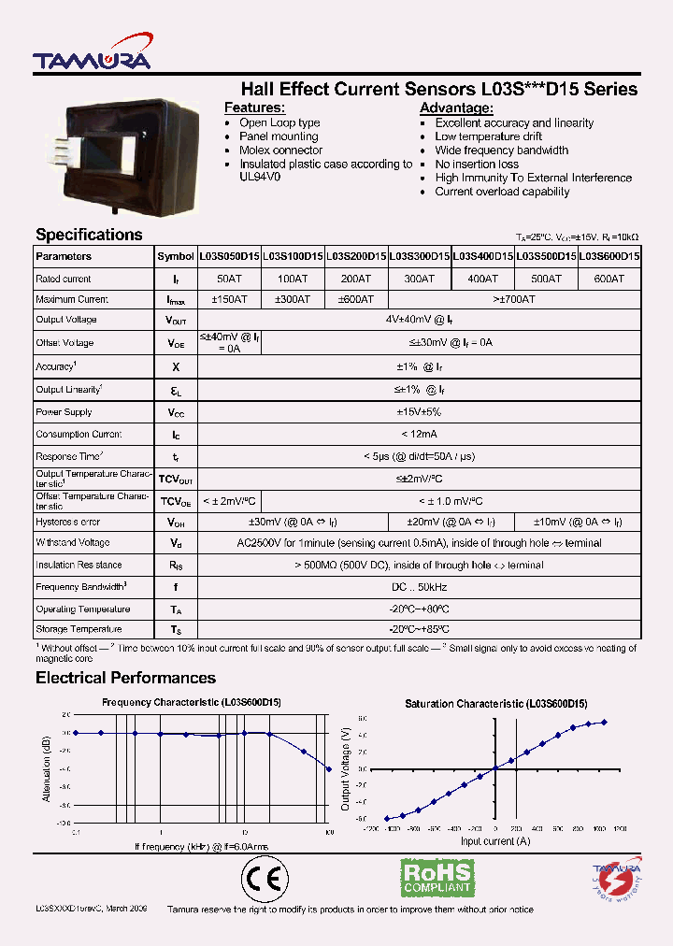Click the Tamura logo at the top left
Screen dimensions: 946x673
91,59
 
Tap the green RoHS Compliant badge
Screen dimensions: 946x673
437,879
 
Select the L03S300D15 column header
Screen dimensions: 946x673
420,256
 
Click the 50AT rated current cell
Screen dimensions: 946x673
229,279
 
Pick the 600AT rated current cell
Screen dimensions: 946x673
609,279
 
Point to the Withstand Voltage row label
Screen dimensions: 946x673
73,543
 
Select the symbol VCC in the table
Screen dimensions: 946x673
176,412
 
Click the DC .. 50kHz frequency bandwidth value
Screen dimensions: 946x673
420,588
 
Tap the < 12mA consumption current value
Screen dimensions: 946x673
420,435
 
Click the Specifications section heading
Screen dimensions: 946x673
89,235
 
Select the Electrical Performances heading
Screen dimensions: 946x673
125,678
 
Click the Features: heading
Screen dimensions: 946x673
254,108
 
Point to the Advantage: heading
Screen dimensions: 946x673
456,108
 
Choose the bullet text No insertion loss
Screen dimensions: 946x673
477,165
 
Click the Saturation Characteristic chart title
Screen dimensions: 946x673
495,703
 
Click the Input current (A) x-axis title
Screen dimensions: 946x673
495,841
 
